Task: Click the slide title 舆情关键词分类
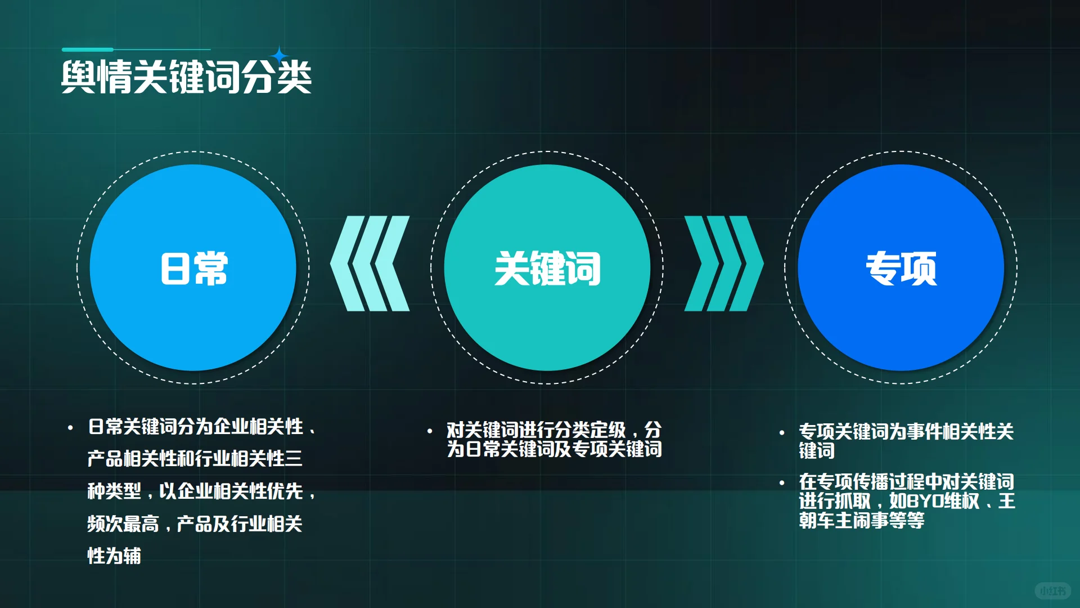coord(186,77)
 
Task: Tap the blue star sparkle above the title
coord(279,55)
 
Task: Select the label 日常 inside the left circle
coord(194,269)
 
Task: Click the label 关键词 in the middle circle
coord(547,269)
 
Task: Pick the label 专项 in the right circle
coord(901,269)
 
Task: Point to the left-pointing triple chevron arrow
coord(370,263)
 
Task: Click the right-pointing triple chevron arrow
coord(724,263)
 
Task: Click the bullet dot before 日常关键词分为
coord(70,428)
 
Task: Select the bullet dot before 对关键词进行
coord(430,432)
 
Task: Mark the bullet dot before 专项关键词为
coord(782,433)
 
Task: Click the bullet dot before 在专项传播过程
coord(782,483)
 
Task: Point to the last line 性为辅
coord(114,556)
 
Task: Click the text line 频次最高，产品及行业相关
coord(195,524)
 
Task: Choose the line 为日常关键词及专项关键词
coord(554,449)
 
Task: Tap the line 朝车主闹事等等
coord(861,520)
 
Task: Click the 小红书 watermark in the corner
coord(1052,591)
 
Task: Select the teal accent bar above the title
coord(88,50)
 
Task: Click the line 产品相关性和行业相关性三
coord(195,459)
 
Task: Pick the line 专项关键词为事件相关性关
coord(906,432)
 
